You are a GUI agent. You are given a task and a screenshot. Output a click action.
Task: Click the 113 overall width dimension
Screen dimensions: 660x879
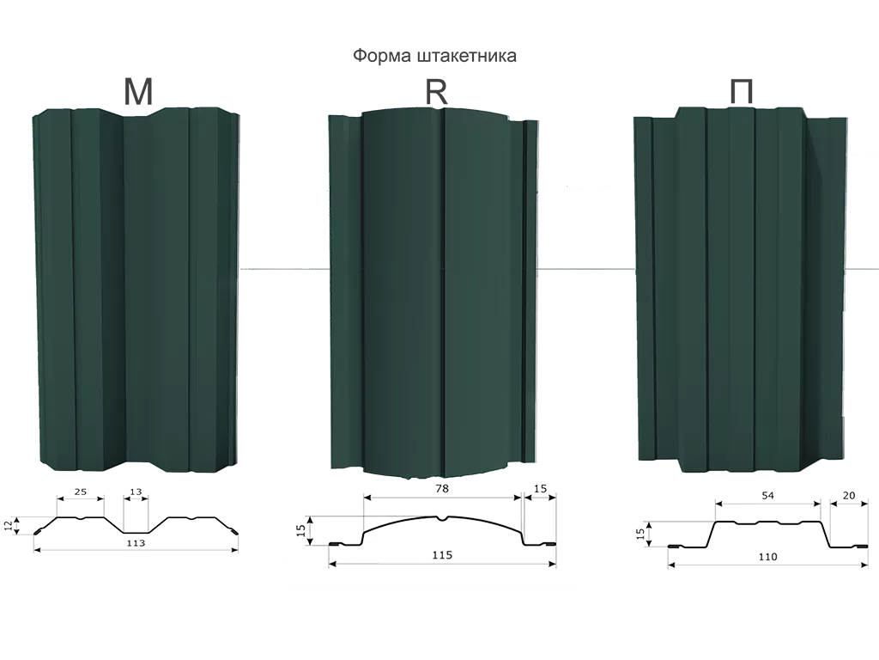pos(136,543)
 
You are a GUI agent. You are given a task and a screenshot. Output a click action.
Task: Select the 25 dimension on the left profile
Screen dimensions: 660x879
pos(79,492)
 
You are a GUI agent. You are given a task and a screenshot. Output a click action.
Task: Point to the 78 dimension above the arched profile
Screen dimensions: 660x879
pos(443,488)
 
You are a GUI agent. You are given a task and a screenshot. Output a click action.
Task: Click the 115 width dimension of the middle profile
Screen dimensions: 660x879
pos(441,556)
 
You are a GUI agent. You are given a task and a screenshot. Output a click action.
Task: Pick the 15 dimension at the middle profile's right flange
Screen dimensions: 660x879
pos(540,488)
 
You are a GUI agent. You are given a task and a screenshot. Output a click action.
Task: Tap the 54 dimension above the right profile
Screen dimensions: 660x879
pos(767,496)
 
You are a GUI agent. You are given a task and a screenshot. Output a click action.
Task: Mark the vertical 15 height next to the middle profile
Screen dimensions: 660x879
pos(300,530)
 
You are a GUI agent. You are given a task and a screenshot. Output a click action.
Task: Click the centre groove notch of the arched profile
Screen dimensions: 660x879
pos(441,519)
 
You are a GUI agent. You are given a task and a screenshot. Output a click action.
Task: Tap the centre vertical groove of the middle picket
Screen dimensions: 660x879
pos(444,292)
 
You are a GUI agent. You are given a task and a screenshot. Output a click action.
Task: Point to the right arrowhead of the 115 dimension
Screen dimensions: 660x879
pos(550,564)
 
